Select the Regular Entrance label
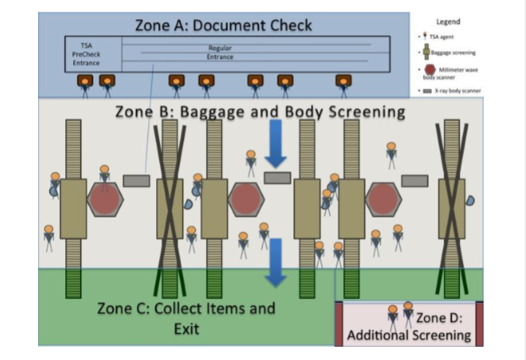pyautogui.click(x=220, y=52)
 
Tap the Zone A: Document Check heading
pyautogui.click(x=223, y=25)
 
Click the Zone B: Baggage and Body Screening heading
pyautogui.click(x=260, y=112)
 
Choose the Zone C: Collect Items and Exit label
pyautogui.click(x=185, y=317)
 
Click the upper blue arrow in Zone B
pyautogui.click(x=276, y=142)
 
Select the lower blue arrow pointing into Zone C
pyautogui.click(x=275, y=261)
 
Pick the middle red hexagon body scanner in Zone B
pyautogui.click(x=245, y=199)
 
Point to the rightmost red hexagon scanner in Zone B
pyautogui.click(x=382, y=199)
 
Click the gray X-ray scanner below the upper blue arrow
pyautogui.click(x=277, y=177)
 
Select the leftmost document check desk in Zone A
pyautogui.click(x=86, y=81)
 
